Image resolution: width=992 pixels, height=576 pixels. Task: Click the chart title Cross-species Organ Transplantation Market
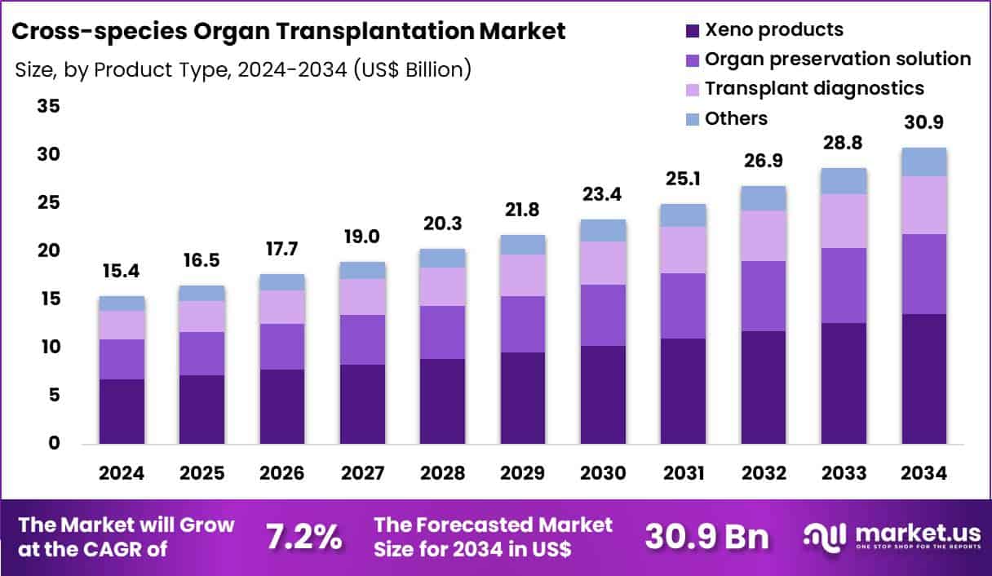pos(289,32)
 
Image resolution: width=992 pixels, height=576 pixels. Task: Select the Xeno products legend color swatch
pos(692,31)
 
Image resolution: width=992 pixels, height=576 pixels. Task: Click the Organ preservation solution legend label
pos(838,60)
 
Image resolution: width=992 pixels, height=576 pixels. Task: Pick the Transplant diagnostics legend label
pos(814,88)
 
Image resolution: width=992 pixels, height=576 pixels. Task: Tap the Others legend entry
pos(736,118)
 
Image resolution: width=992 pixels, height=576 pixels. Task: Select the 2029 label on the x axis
pos(523,474)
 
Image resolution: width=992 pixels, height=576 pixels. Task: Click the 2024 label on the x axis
pos(122,474)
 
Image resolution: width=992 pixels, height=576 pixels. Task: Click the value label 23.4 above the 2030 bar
pos(603,195)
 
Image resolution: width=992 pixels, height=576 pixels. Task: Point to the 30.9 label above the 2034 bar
pos(923,123)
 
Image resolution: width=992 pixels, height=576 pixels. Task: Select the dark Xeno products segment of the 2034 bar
pos(923,379)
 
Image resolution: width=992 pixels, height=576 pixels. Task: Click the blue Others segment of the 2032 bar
pos(764,198)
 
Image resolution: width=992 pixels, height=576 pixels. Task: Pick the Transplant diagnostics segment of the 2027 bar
pos(362,297)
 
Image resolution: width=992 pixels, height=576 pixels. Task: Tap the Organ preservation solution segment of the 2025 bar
pos(201,353)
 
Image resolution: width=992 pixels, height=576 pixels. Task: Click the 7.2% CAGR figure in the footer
pos(303,537)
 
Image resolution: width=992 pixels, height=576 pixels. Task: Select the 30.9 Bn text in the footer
pos(706,537)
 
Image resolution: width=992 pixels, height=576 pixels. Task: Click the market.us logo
pos(892,536)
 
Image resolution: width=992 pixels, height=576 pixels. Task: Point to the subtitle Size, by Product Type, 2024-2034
pos(243,70)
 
